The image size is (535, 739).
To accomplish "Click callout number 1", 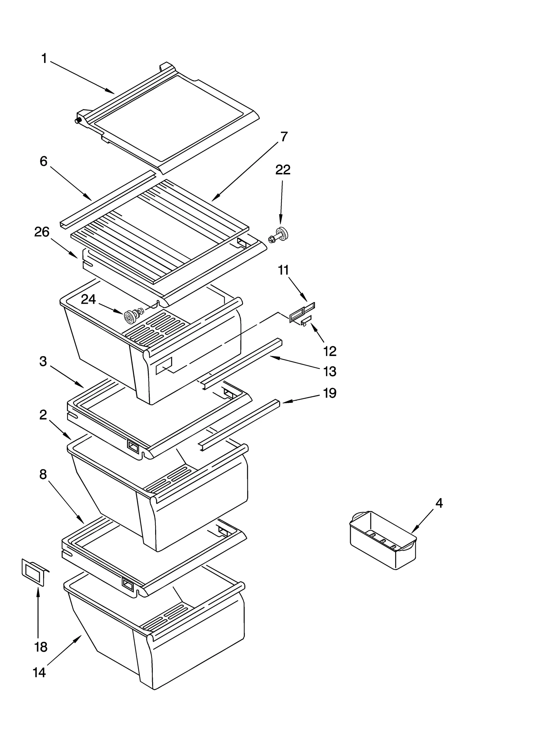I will click(44, 59).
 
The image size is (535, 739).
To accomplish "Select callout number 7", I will click(284, 137).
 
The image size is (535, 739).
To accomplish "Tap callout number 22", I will click(283, 170).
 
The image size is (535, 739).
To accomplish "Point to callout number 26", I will click(42, 232).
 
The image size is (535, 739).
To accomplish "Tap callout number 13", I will click(329, 371).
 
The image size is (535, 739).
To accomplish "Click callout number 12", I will click(329, 351).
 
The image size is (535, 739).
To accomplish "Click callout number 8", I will click(43, 474).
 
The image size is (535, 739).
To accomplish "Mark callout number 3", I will click(43, 361).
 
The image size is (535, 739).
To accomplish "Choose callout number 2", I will click(43, 415).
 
